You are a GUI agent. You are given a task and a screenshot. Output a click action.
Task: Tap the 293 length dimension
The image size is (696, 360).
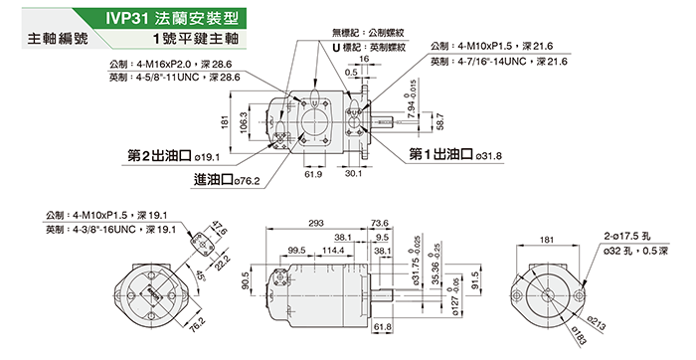315,224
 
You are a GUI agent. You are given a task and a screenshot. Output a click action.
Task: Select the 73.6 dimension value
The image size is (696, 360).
380,224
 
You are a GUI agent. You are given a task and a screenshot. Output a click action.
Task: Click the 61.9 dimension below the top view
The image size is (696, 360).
313,174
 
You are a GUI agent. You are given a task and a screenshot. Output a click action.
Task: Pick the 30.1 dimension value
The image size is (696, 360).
353,173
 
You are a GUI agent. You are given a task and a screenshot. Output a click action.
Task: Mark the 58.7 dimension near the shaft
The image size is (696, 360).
439,121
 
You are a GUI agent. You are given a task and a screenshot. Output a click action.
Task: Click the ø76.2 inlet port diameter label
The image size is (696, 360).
247,182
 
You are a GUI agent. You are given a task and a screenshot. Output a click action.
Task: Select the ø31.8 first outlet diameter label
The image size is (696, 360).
488,156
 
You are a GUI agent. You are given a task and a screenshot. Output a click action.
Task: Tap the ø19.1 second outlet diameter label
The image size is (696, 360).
207,157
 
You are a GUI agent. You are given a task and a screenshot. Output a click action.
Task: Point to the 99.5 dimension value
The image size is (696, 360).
296,251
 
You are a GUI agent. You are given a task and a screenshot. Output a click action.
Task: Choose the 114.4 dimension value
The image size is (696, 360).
333,251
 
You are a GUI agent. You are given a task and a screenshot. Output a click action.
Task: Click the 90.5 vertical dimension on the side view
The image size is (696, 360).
246,280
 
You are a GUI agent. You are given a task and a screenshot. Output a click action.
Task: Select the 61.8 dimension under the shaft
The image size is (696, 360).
383,327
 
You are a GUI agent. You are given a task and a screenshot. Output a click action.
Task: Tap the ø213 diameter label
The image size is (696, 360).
596,323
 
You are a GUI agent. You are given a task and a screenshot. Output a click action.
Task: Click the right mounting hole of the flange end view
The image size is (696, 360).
579,295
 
